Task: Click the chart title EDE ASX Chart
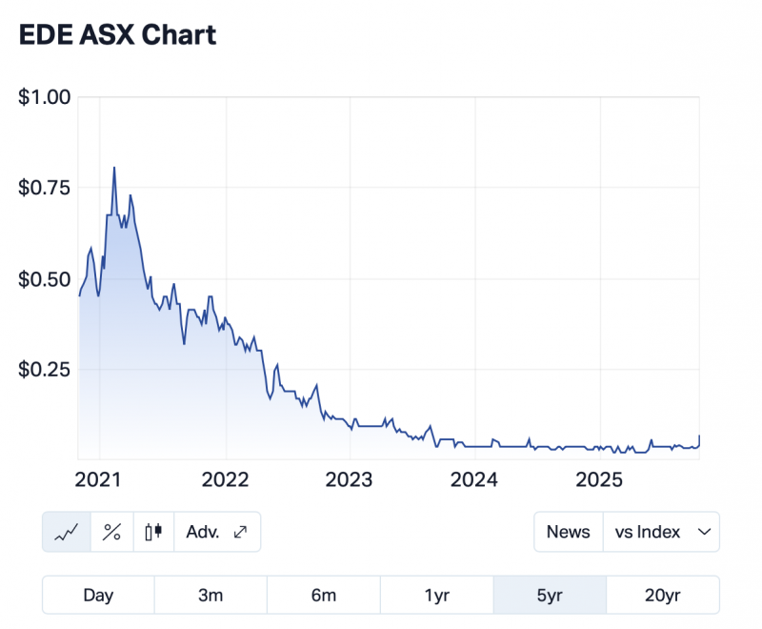click(118, 35)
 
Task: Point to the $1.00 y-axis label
click(45, 96)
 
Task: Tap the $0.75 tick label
click(45, 188)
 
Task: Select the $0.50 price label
click(45, 278)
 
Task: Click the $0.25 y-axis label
click(45, 369)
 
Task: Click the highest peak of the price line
click(114, 168)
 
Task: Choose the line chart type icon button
click(67, 532)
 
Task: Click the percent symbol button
click(111, 532)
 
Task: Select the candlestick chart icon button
click(154, 532)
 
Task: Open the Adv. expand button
click(217, 532)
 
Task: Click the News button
click(568, 532)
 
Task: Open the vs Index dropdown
click(661, 532)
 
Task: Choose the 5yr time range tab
click(550, 596)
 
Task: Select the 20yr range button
click(662, 596)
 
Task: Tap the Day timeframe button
click(98, 596)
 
